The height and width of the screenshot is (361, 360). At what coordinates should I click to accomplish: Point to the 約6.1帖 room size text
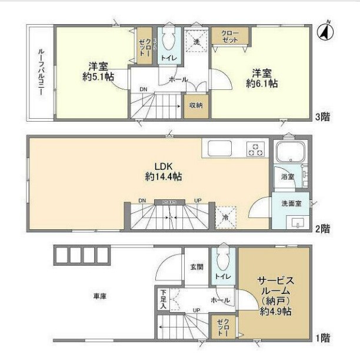tap(262, 84)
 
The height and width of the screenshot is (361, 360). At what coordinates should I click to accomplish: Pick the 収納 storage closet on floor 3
tap(195, 106)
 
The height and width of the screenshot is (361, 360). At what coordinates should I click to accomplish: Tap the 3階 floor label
tap(322, 117)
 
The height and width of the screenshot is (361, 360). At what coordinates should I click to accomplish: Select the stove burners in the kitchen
tap(256, 149)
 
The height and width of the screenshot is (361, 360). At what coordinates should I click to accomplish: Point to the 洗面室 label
tap(291, 205)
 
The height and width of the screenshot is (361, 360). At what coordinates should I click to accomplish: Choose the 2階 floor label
tap(322, 228)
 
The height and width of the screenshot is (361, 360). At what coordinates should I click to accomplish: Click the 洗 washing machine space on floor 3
tap(198, 41)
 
